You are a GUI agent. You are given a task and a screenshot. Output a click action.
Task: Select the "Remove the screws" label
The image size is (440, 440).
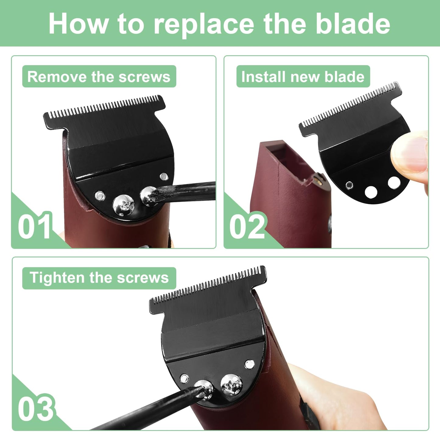coord(99,76)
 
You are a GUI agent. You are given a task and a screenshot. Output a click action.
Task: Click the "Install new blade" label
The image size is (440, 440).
coord(303,76)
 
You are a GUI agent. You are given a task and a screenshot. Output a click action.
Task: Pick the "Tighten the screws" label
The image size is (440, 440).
coord(99,278)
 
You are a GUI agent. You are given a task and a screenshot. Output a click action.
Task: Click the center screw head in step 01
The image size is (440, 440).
coord(124,205)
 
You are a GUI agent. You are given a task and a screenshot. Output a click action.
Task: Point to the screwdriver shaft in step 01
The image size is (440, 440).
coord(185,191)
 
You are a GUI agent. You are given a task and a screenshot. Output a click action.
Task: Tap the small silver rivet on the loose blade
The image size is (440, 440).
coord(349,185)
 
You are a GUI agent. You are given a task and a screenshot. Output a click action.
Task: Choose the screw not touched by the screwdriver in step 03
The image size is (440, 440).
coord(231,385)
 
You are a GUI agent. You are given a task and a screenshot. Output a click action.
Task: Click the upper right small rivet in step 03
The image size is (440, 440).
coord(250,364)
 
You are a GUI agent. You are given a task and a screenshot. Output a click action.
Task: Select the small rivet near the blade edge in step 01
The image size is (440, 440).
coord(164,176)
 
